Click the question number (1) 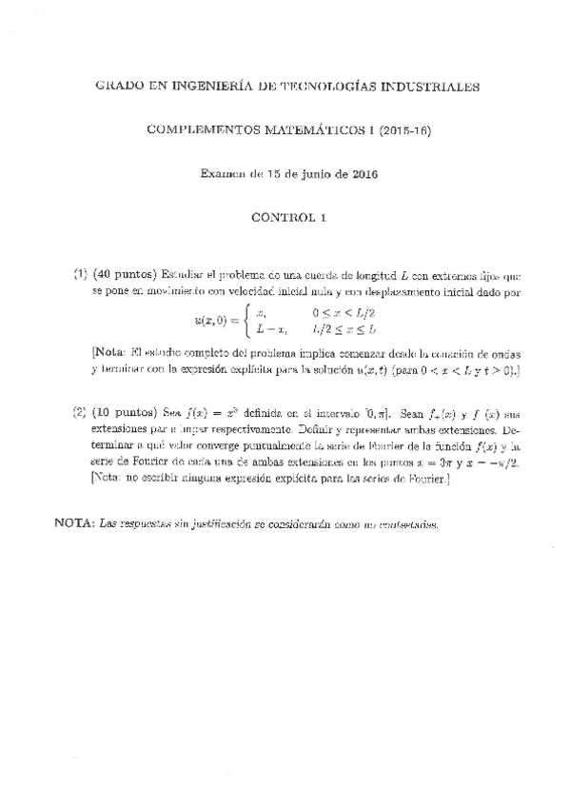point(81,273)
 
